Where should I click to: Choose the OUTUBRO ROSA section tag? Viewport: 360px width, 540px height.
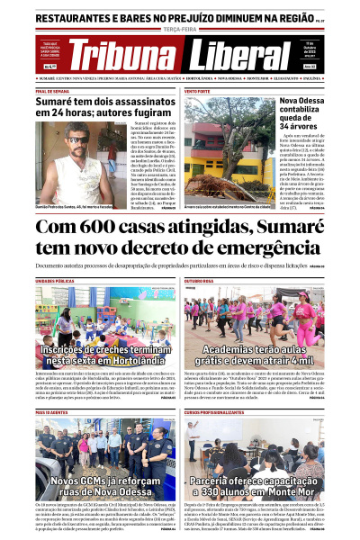point(199,280)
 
